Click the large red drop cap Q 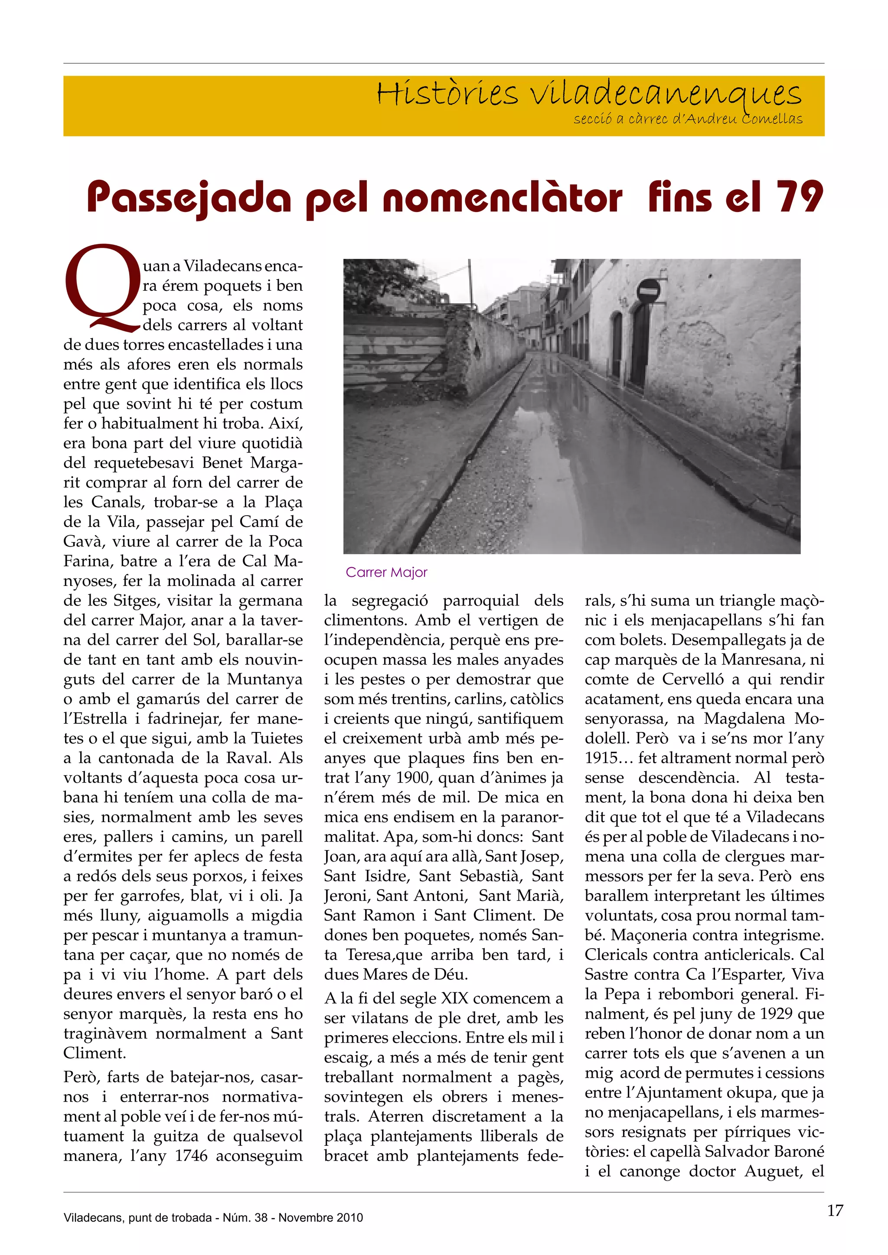[101, 288]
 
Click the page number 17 [835, 1210]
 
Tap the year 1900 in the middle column [415, 778]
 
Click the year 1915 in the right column [601, 758]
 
